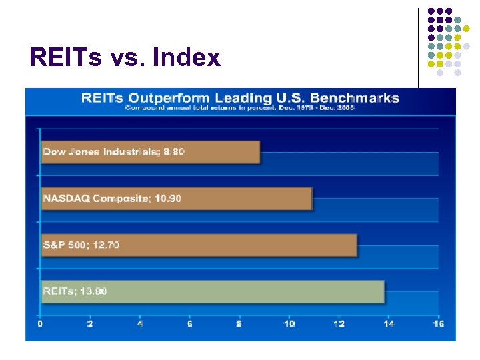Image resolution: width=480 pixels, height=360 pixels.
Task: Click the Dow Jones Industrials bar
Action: [x=150, y=152]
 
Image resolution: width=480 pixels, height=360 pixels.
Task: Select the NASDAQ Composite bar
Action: [x=177, y=199]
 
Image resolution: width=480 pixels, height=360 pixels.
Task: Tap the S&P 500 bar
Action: [x=199, y=245]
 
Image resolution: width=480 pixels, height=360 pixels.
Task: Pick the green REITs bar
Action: [x=213, y=292]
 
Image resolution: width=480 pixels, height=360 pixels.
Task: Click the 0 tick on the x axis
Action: [x=41, y=323]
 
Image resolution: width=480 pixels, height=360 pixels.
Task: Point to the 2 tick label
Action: [x=90, y=323]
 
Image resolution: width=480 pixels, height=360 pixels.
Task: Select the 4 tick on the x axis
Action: [x=140, y=323]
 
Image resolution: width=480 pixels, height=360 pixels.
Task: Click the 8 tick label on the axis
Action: [x=239, y=323]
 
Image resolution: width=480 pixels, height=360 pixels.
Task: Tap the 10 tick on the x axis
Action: [x=289, y=323]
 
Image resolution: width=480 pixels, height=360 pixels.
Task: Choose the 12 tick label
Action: [x=339, y=323]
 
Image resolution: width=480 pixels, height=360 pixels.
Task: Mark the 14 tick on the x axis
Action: [x=389, y=323]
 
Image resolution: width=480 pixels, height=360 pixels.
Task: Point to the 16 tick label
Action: [x=438, y=323]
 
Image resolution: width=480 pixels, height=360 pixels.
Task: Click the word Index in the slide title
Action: [x=186, y=58]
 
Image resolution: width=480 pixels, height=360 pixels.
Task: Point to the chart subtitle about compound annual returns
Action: [x=240, y=108]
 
